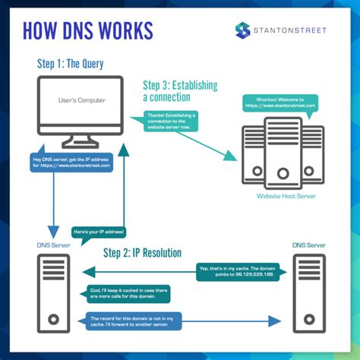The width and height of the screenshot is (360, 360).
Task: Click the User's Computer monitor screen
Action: [81, 102]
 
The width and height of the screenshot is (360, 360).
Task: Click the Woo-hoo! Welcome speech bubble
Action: [279, 103]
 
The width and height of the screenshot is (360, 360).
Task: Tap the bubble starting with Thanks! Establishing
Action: [171, 120]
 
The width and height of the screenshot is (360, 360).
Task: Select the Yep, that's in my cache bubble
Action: [240, 272]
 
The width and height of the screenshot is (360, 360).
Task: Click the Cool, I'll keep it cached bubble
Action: [130, 294]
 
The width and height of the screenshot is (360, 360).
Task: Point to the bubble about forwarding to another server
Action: [134, 322]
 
